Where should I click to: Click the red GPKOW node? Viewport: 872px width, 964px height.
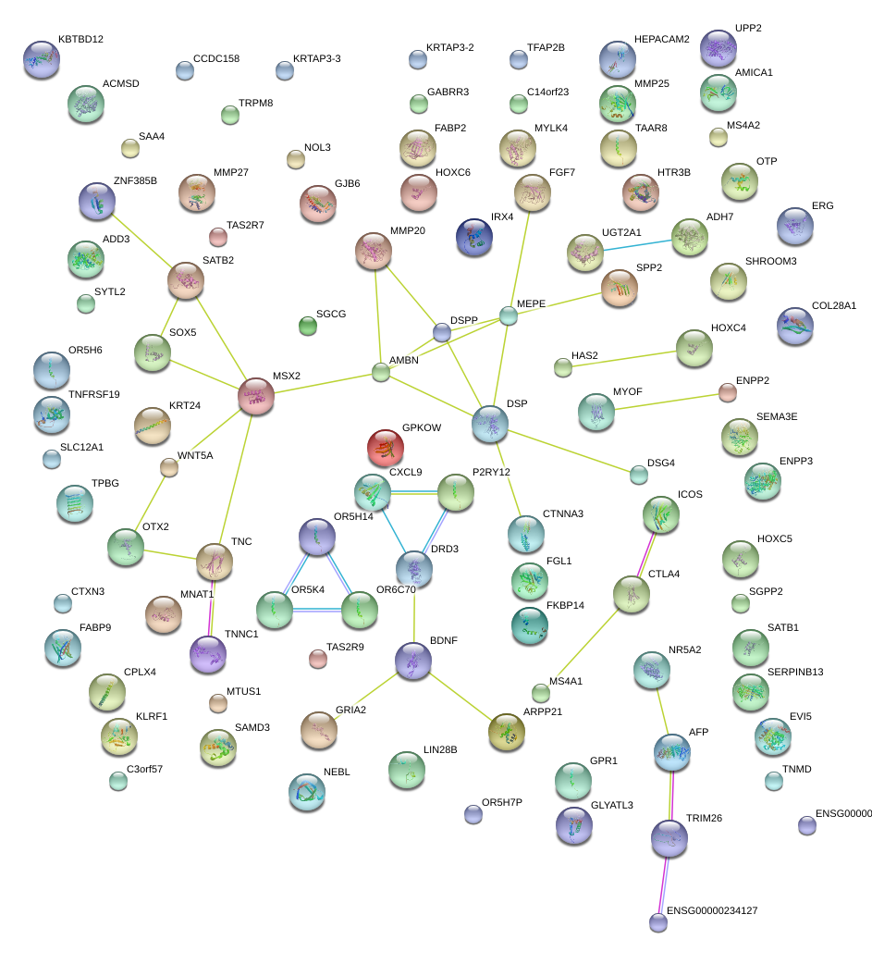[386, 448]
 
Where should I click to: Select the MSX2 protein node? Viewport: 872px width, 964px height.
[256, 396]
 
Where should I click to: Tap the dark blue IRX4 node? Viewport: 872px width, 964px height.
[474, 236]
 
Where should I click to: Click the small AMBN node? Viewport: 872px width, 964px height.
[381, 373]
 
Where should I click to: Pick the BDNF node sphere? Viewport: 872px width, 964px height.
[412, 660]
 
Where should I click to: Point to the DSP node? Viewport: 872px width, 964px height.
[489, 424]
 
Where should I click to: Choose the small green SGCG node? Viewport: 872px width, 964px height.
[308, 325]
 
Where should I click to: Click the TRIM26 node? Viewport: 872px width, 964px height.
[669, 838]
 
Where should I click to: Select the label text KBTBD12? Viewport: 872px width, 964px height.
[80, 40]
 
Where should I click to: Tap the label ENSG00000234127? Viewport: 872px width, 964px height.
[712, 911]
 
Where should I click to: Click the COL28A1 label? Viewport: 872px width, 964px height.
[834, 305]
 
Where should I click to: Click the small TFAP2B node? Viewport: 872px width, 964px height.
[519, 60]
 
